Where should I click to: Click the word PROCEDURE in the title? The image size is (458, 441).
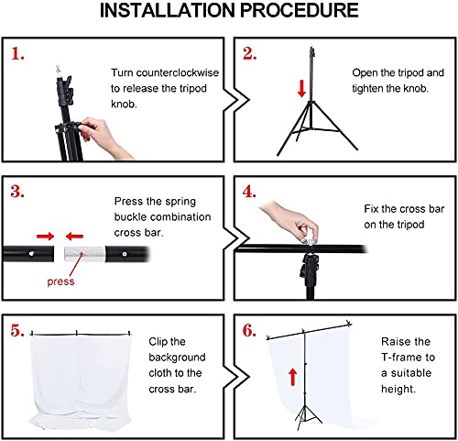299,10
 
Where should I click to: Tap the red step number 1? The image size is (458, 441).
17,54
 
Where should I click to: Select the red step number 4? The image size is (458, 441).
249,192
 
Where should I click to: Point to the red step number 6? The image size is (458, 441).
249,330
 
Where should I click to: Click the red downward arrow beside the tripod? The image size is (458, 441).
301,89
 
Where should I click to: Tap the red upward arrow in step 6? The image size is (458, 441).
293,377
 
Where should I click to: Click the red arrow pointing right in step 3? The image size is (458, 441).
45,236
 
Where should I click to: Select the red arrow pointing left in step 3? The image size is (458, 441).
74,236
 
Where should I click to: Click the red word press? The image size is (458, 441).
60,281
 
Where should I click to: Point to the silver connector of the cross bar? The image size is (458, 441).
84,254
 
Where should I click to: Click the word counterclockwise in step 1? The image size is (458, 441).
178,72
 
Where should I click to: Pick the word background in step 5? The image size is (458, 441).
177,358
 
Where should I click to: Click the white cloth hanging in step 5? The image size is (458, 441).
82,382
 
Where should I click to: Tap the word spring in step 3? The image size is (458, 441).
180,202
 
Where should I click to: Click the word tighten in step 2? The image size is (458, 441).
367,89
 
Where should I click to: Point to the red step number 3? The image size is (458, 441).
17,192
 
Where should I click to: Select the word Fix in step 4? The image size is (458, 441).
371,209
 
